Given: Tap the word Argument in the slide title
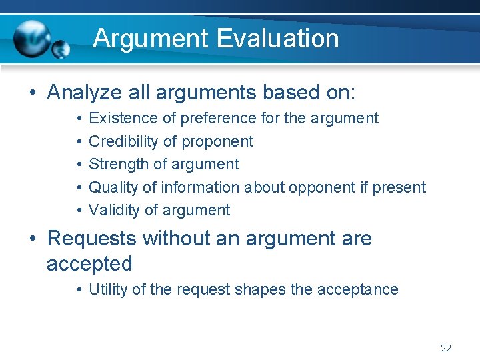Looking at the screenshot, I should pos(150,38).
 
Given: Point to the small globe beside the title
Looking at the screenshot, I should pos(61,49).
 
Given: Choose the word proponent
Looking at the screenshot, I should pos(217,141).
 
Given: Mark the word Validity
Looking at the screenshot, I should pos(114,210).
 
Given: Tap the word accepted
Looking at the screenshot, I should pos(89,264).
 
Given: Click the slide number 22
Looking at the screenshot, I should pos(446,348).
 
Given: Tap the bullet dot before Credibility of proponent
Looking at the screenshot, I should pos(79,141).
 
